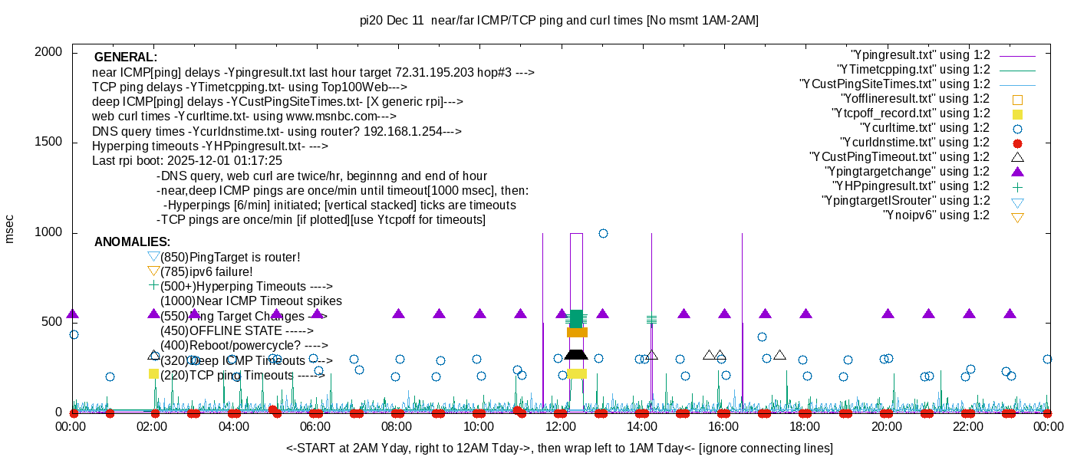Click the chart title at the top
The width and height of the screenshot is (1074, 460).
[559, 21]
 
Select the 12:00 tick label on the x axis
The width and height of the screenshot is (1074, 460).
[560, 426]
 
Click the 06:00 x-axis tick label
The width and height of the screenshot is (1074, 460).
[315, 426]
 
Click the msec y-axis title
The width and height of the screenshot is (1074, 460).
[10, 228]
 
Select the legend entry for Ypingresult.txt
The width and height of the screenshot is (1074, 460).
[921, 55]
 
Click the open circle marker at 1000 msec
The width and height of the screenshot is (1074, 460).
[603, 233]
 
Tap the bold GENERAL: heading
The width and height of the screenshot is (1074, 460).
[126, 58]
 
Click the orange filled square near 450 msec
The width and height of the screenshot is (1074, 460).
[577, 332]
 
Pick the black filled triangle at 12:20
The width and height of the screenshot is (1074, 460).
[575, 353]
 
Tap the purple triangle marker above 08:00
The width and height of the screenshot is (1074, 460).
[398, 314]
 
